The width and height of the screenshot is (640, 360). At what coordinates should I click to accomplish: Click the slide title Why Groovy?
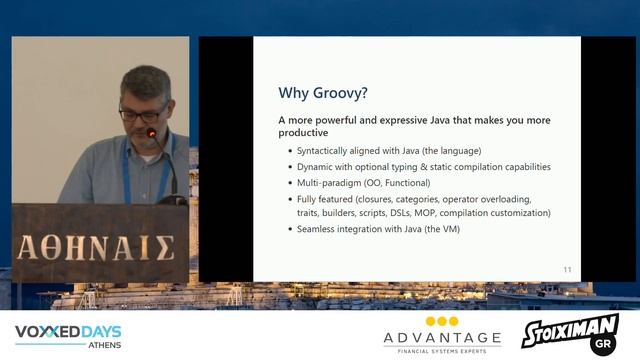[323, 93]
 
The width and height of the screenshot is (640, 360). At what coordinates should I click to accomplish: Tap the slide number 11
[567, 270]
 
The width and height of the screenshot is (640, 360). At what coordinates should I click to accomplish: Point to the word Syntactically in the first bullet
[326, 150]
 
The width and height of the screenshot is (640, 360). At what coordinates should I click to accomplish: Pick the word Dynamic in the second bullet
[316, 166]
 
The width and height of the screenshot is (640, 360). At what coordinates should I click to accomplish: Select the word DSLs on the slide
[438, 213]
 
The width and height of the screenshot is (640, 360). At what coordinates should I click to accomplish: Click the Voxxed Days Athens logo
[68, 335]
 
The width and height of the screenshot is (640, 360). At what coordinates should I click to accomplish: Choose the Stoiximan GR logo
[570, 334]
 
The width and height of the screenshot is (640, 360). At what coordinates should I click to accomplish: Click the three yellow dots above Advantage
[442, 321]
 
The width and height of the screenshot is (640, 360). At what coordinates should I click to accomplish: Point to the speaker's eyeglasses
[141, 113]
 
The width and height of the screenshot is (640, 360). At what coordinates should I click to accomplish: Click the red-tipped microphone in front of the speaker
[152, 133]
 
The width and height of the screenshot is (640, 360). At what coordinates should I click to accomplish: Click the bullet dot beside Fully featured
[288, 199]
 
